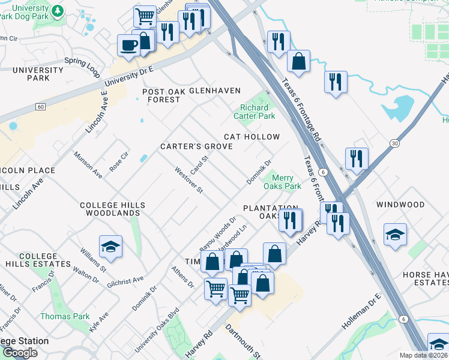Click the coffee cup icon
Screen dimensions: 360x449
130,46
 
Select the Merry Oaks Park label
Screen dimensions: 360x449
286,182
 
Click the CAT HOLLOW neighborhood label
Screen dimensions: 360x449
252,137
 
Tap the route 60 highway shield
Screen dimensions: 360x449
40,107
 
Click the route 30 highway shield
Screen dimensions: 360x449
394,143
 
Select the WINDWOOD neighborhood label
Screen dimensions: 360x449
400,205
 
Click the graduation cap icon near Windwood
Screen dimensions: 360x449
395,235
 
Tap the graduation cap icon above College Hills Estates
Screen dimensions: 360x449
110,247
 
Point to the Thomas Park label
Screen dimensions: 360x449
65,316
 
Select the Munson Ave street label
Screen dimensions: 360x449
88,165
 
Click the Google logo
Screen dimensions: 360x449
20,353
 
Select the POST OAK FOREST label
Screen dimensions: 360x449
161,95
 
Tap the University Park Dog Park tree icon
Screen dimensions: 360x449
57,11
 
